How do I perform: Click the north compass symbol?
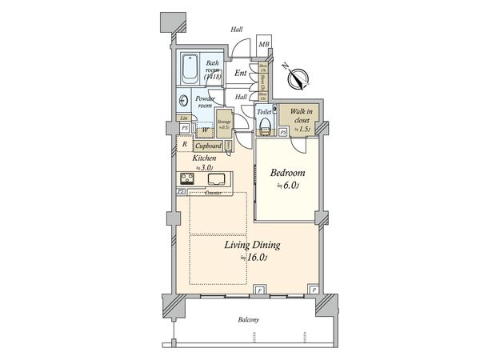(x=298, y=78)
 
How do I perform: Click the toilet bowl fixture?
(x=274, y=113)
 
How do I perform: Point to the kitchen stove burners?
(x=184, y=178)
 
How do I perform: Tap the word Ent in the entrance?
(x=240, y=72)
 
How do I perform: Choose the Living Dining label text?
(x=247, y=245)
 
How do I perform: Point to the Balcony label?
(x=249, y=320)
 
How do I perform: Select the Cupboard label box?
(x=208, y=146)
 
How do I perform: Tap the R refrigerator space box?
(x=185, y=145)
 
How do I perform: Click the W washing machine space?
(x=205, y=130)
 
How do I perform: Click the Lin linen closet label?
(x=184, y=118)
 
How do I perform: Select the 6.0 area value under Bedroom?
(x=287, y=186)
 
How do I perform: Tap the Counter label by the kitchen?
(x=213, y=193)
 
